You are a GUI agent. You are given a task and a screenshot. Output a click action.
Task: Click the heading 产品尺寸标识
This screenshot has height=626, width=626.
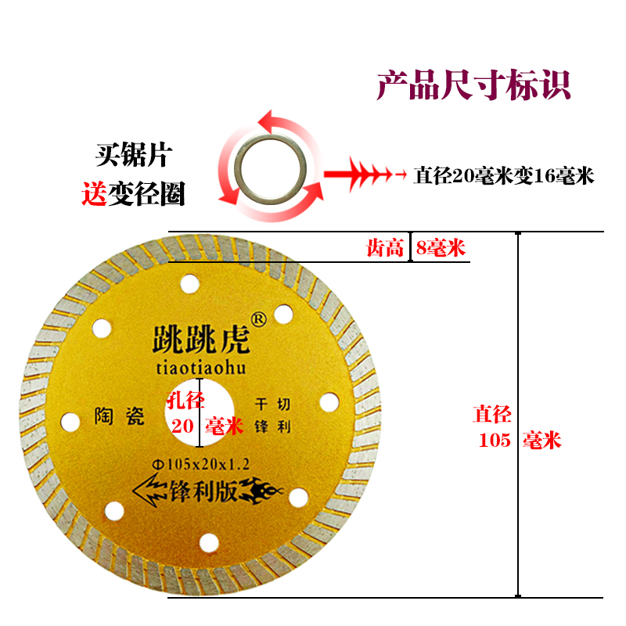click(x=473, y=85)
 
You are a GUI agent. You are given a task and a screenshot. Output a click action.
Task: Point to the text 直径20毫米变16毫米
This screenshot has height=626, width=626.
click(x=504, y=177)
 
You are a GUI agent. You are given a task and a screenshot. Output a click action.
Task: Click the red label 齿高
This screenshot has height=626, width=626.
click(x=385, y=249)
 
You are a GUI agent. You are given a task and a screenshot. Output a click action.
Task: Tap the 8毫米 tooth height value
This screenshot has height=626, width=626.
click(x=441, y=249)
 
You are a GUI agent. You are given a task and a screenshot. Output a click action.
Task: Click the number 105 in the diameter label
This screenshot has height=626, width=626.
click(x=495, y=441)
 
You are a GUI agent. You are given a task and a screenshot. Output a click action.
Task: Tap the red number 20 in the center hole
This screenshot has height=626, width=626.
click(x=182, y=426)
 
